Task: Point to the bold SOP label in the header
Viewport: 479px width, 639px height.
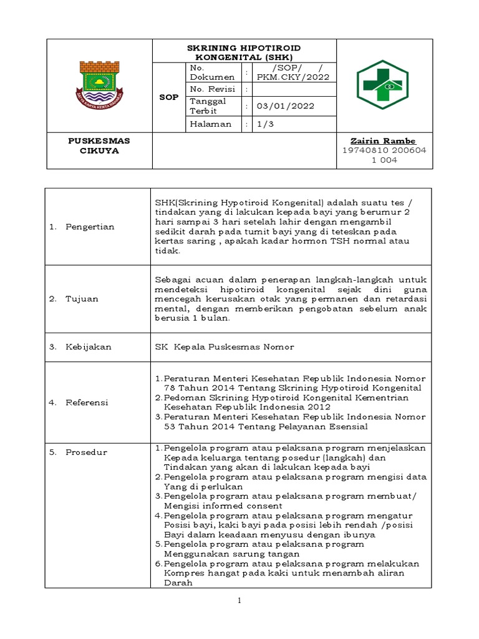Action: coord(168,97)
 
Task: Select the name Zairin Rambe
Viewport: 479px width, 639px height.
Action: coord(382,141)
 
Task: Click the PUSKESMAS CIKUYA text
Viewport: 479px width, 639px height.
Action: coord(99,146)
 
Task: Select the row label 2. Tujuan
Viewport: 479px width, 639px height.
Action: coord(74,299)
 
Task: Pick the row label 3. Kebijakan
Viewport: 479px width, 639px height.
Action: coord(80,346)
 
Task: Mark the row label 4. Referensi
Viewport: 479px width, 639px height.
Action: coord(79,402)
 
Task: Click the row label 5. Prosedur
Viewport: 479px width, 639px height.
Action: coord(78,452)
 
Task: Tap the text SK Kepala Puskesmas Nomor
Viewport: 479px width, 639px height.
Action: coord(225,346)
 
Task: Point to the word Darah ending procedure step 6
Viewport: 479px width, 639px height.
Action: coord(177,583)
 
